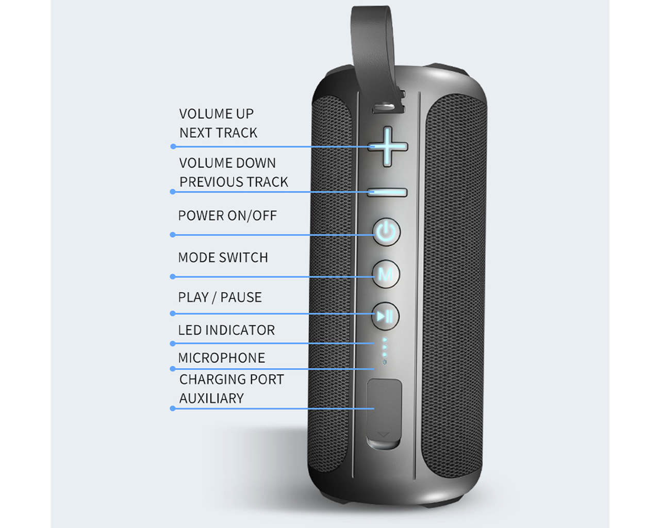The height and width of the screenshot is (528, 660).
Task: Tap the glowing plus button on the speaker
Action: tap(388, 146)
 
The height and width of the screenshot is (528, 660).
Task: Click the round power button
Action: tap(386, 232)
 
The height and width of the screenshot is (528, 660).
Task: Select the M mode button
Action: tap(386, 274)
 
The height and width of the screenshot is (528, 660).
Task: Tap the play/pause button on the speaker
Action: tap(385, 316)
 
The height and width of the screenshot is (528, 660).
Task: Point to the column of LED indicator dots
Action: tap(384, 348)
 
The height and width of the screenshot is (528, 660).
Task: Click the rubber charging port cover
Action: tap(384, 412)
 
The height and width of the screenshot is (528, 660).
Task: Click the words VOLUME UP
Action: tap(217, 114)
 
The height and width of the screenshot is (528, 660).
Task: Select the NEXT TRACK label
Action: tap(218, 133)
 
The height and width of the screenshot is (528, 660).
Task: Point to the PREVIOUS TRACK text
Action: tap(234, 182)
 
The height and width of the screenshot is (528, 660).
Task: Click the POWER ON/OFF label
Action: tap(227, 216)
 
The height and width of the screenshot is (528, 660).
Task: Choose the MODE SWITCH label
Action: tap(223, 257)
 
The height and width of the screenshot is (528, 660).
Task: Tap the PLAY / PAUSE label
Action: tap(220, 298)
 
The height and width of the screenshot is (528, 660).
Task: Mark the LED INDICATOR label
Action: tap(226, 330)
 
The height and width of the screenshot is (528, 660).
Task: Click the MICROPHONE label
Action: tap(221, 358)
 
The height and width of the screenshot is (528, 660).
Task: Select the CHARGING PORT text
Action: tap(232, 379)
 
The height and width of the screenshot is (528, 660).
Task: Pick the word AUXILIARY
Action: tap(211, 399)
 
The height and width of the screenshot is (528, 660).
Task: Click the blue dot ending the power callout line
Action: tap(173, 235)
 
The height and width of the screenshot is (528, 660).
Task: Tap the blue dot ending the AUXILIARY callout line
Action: tap(173, 408)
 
